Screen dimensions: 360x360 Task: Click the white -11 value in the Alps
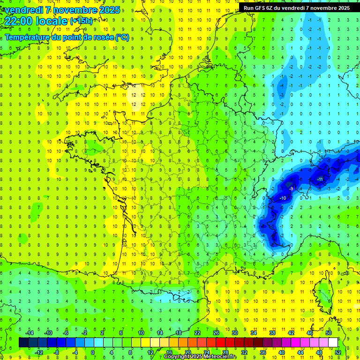tap(320, 179)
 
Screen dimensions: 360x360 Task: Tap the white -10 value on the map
tap(283, 198)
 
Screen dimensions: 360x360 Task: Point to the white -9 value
tap(292, 188)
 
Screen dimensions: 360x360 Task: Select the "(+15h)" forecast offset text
tap(81, 21)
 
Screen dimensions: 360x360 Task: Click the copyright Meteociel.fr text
tap(200, 357)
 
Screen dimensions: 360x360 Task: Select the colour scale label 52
tap(337, 352)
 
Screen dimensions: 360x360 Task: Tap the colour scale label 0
tap(93, 352)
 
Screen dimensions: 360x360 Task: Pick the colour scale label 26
tap(216, 333)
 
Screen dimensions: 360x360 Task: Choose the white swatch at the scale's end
tap(333, 343)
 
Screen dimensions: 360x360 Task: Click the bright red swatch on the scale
tap(220, 343)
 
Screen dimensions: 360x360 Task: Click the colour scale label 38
tap(272, 333)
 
